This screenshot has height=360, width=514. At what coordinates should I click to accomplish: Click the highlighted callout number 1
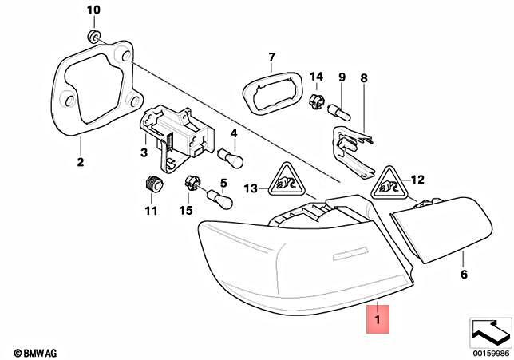377,319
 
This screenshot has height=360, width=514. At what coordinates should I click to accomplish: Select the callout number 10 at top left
93,10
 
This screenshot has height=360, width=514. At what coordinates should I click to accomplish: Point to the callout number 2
80,164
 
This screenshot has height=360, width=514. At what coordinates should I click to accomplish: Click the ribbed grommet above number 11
153,184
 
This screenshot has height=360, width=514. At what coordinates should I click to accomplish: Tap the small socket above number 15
192,183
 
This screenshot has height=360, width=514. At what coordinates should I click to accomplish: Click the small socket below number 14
315,101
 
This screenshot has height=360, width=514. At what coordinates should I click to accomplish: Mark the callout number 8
364,78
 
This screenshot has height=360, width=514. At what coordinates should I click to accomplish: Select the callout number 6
462,275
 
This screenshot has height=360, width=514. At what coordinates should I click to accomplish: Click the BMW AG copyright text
32,352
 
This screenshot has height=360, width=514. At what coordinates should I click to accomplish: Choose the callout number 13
251,188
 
